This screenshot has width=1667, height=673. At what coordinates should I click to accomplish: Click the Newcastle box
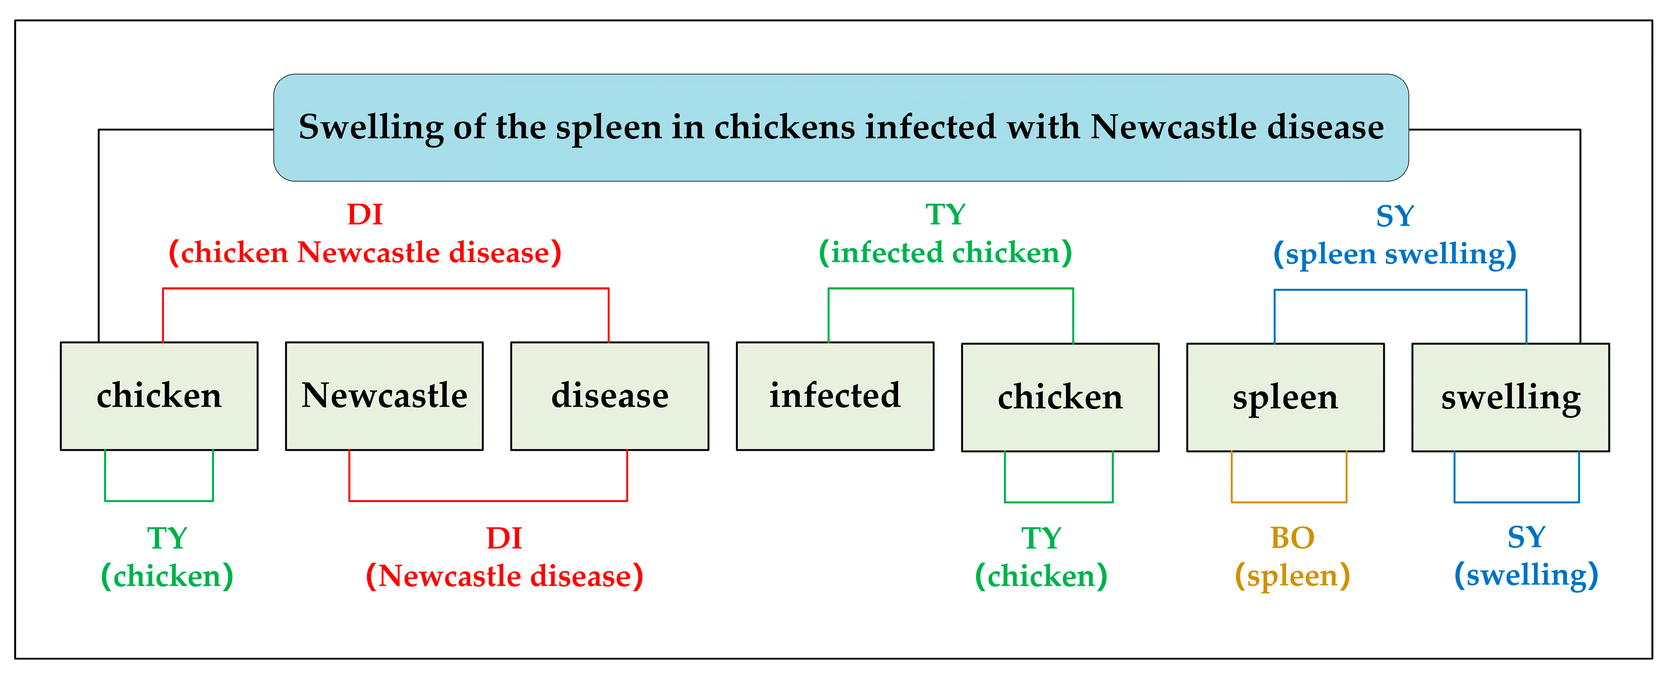(x=384, y=396)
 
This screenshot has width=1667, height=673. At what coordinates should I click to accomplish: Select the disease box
(x=609, y=396)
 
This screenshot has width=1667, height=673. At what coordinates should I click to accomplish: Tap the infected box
(x=835, y=396)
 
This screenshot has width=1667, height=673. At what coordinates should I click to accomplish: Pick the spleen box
(x=1285, y=397)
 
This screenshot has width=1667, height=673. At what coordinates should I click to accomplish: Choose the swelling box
(x=1510, y=397)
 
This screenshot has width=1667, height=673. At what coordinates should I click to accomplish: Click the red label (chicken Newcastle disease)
(x=365, y=252)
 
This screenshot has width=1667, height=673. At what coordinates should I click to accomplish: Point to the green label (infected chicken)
(x=945, y=252)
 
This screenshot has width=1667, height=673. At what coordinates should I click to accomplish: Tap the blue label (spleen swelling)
(x=1394, y=253)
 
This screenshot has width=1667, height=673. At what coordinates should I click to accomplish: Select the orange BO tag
(x=1292, y=538)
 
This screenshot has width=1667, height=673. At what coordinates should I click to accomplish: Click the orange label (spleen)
(x=1292, y=576)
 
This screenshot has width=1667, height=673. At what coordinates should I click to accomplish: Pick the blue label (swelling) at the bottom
(x=1526, y=575)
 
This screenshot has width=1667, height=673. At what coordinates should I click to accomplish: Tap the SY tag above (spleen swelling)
(x=1394, y=216)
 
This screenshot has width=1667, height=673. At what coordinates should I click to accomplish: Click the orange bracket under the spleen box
(x=1289, y=502)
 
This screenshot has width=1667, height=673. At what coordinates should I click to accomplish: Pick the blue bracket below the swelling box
(x=1517, y=502)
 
